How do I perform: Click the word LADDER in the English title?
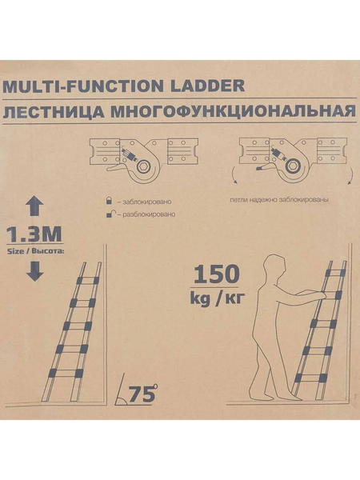[x=207, y=86]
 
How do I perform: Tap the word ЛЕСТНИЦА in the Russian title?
[x=54, y=112]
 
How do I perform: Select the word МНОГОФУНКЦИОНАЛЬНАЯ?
[x=234, y=111]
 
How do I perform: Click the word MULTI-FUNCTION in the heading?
[x=82, y=86]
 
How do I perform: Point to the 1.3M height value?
[x=34, y=234]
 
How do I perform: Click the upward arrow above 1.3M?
[x=34, y=206]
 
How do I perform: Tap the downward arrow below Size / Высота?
[x=34, y=271]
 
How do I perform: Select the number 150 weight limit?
[x=217, y=274]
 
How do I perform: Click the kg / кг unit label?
[x=218, y=298]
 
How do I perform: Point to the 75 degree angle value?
[x=142, y=394]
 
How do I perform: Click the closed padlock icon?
[x=108, y=201]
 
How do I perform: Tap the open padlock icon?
[x=111, y=214]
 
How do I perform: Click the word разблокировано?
[x=149, y=214]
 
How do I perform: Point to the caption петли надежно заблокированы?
[x=279, y=200]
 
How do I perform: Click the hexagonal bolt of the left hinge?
[x=143, y=167]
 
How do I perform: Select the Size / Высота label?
[x=35, y=252]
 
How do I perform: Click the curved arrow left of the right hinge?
[x=234, y=175]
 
